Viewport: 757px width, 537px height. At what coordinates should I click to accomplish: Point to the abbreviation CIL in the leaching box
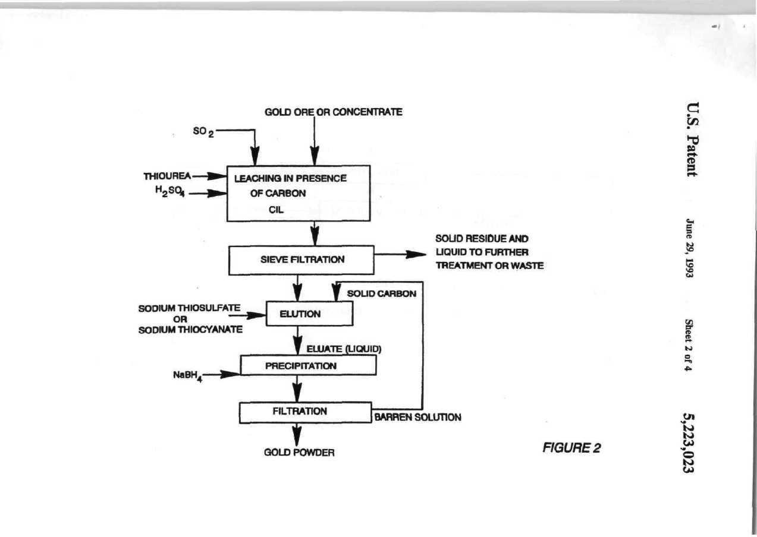(276, 210)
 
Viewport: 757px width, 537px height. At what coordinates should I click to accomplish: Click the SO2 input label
(203, 132)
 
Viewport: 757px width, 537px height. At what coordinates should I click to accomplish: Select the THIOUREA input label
(167, 176)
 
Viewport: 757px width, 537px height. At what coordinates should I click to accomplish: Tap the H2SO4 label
(170, 192)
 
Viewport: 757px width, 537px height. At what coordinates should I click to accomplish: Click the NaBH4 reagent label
(187, 376)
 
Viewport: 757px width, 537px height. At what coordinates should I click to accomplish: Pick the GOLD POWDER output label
(299, 452)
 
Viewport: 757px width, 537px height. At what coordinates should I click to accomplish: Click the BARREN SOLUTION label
(417, 417)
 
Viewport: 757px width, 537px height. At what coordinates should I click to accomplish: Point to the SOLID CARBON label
(382, 293)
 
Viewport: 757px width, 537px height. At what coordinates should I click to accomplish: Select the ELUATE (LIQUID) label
(344, 349)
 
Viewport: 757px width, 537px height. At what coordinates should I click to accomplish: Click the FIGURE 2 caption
(571, 448)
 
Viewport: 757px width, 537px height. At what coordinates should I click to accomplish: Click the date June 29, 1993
(690, 248)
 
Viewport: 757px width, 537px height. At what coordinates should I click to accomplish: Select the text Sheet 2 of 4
(689, 345)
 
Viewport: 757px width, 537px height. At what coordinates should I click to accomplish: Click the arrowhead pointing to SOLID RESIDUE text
(416, 254)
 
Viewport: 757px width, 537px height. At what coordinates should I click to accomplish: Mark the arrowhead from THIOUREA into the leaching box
(216, 176)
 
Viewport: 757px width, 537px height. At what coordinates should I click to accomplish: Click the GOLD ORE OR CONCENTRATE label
(333, 112)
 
